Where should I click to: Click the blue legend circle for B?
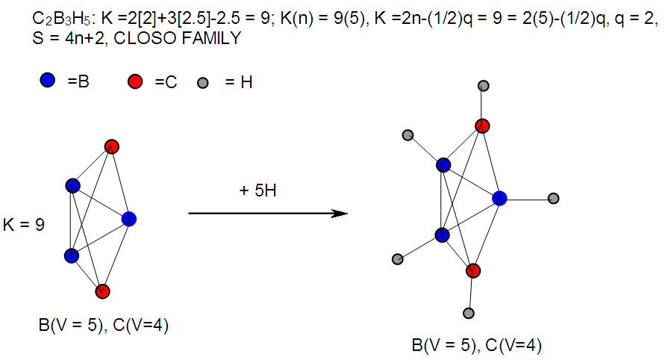(x=48, y=80)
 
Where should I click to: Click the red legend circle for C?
(x=135, y=81)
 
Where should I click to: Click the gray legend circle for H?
(x=203, y=83)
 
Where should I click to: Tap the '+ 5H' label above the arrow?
(x=257, y=190)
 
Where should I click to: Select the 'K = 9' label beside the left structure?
(x=24, y=225)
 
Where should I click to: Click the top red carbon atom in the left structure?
(x=111, y=147)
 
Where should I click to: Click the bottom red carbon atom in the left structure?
(x=103, y=291)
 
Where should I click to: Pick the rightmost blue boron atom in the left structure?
(x=129, y=219)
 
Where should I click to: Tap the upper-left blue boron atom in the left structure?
(x=73, y=185)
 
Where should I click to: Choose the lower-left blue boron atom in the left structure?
(x=72, y=255)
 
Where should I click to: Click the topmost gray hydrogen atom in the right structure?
(x=484, y=86)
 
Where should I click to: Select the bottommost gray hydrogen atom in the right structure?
(x=469, y=313)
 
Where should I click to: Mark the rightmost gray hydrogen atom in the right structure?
(x=554, y=198)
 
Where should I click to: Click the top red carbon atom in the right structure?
(x=482, y=126)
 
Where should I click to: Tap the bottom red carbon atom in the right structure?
(x=473, y=271)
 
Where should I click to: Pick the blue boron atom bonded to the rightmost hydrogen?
(x=499, y=198)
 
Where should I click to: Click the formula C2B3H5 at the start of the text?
(x=65, y=19)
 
